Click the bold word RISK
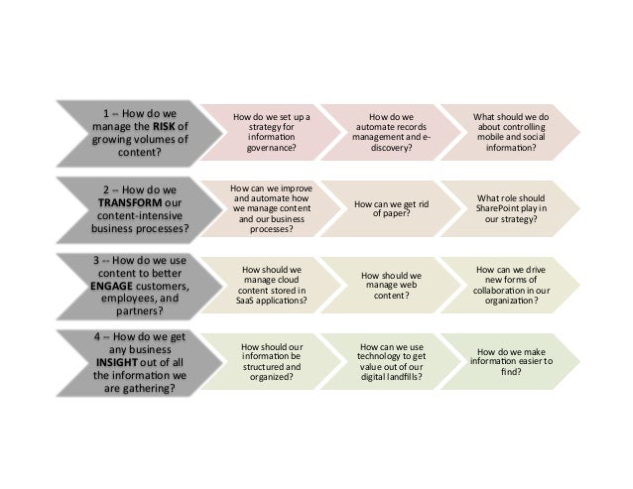(x=165, y=125)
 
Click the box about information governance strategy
(x=270, y=133)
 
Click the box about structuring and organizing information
(x=270, y=362)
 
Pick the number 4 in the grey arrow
(x=98, y=335)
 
